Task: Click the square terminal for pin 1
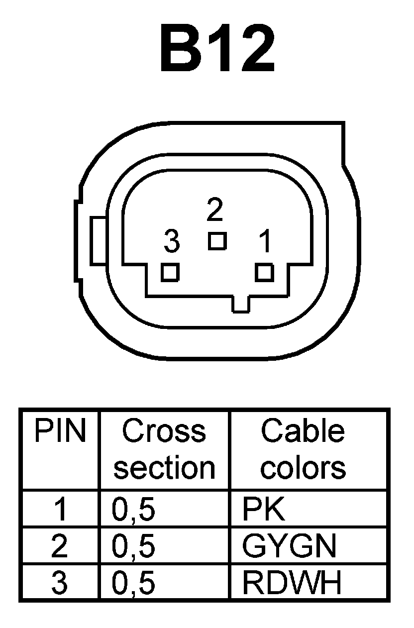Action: (265, 273)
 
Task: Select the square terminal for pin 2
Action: (217, 241)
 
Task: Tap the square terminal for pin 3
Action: (170, 273)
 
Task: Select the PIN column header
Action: (60, 431)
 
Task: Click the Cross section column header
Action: (164, 449)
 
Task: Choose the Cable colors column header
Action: (303, 449)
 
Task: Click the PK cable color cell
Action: (264, 510)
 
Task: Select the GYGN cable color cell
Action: (289, 546)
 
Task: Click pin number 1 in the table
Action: (60, 510)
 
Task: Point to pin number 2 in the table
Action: (60, 546)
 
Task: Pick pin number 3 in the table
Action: (60, 583)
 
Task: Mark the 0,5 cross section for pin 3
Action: (134, 583)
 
